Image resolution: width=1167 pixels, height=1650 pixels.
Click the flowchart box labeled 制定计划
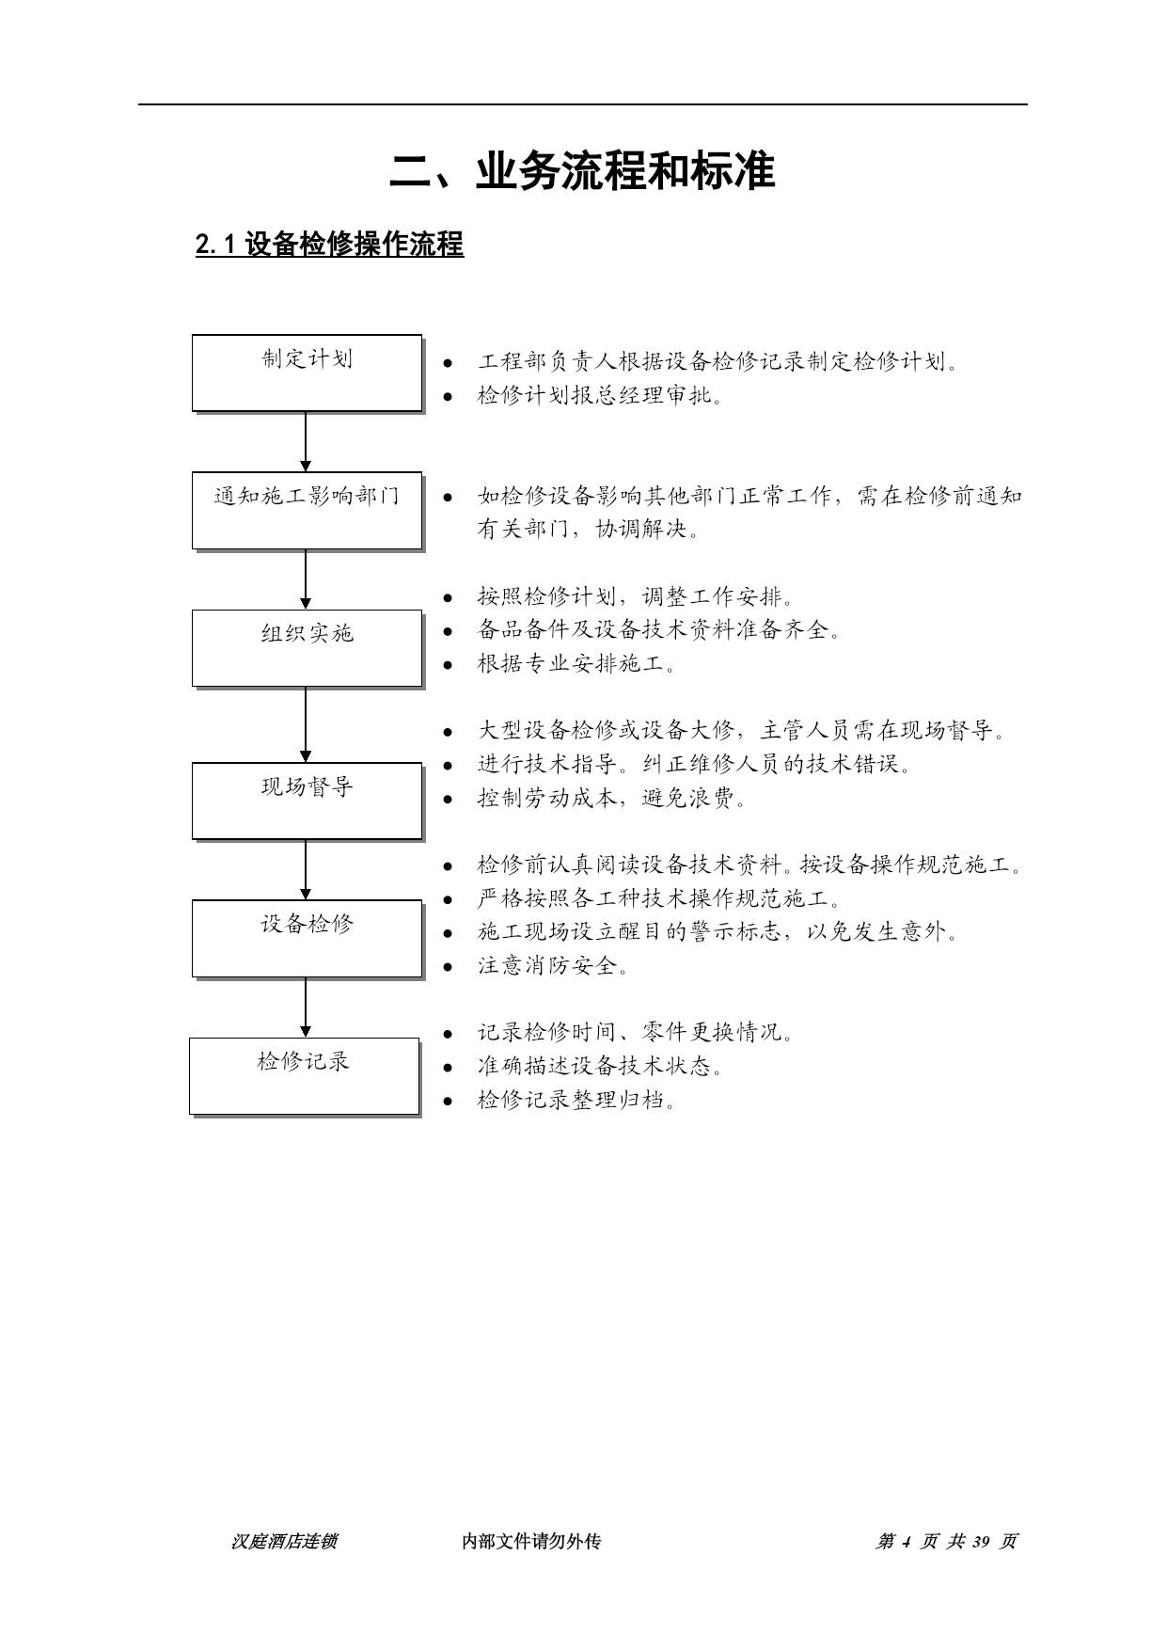[308, 373]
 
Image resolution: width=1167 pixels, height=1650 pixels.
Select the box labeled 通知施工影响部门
[308, 511]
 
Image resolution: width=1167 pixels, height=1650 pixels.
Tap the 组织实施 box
[308, 648]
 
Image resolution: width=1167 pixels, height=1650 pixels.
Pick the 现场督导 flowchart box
[308, 801]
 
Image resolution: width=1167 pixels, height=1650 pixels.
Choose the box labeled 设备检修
[308, 939]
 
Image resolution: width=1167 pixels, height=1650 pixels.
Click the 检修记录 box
[305, 1076]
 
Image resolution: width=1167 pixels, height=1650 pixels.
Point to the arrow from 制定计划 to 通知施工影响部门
[306, 441]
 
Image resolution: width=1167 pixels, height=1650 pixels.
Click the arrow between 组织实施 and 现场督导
[306, 724]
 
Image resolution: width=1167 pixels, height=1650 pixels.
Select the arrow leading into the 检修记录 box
[306, 1007]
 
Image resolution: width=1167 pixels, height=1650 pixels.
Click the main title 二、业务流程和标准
[583, 171]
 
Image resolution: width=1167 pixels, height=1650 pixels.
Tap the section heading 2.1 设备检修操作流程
[329, 245]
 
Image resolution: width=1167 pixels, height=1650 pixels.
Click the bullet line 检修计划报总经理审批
[601, 395]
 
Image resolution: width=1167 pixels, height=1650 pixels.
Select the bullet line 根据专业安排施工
[576, 663]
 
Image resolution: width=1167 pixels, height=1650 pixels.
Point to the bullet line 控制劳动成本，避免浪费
[612, 799]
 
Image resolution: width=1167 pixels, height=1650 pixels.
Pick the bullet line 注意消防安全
[553, 965]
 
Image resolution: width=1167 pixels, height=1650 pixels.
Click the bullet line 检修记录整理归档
[576, 1100]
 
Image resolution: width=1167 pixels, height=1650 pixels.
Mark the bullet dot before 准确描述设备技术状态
[449, 1067]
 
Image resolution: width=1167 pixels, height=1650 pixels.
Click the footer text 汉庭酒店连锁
[284, 1541]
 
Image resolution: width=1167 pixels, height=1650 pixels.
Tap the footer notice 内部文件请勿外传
[531, 1541]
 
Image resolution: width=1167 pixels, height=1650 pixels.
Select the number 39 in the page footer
[982, 1541]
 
